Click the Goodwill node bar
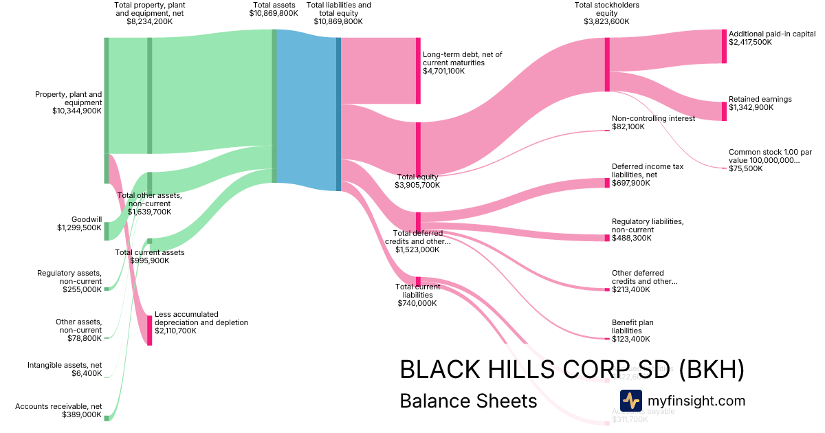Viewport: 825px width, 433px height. [x=107, y=231]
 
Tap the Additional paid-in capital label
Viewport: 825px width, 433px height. [x=771, y=33]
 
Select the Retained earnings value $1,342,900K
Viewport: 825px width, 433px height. [x=751, y=108]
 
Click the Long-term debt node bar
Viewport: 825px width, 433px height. [x=417, y=71]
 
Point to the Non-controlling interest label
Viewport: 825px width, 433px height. [x=653, y=118]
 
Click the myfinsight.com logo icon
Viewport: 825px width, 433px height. [x=630, y=401]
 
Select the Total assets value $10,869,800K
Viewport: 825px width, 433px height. [x=274, y=13]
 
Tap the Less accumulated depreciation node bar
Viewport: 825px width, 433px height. [x=149, y=330]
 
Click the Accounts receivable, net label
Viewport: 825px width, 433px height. [x=58, y=406]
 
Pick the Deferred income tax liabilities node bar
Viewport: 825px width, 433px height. [x=607, y=183]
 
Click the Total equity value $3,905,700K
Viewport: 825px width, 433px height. [x=417, y=185]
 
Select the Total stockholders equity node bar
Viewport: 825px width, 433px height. [x=607, y=65]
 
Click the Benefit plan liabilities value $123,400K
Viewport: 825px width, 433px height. [x=630, y=339]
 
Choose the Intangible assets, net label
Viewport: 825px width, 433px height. [x=65, y=365]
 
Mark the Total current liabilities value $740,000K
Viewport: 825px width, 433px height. [x=417, y=303]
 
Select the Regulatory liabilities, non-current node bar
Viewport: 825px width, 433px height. [x=607, y=238]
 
